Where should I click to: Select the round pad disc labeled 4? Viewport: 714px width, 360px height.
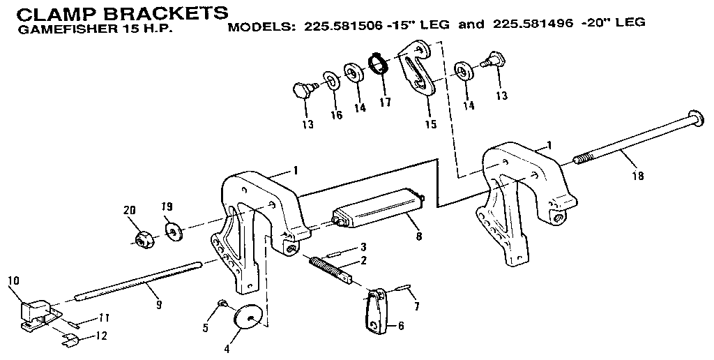pos(248,317)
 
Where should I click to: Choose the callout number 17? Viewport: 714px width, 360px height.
pos(385,103)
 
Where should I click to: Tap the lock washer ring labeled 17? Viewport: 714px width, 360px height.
pos(379,64)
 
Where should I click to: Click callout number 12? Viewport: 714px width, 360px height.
pos(102,336)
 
